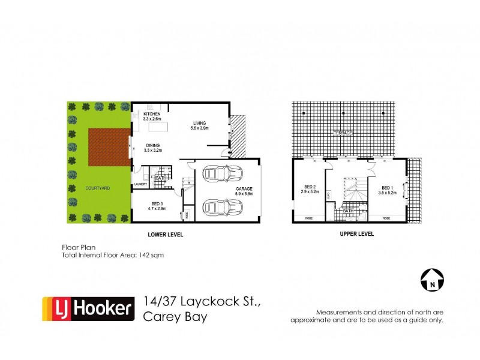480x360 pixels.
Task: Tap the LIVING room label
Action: click(x=199, y=123)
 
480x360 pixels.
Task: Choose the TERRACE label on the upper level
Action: click(x=344, y=132)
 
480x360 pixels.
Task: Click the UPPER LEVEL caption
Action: click(x=356, y=234)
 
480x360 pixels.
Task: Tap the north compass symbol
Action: click(x=431, y=280)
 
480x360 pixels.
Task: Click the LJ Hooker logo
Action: click(x=88, y=308)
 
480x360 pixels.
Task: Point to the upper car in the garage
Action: click(x=223, y=174)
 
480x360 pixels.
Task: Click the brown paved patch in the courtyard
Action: click(x=109, y=146)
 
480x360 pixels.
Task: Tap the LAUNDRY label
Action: click(x=140, y=184)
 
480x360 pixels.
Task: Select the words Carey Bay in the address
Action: click(x=175, y=317)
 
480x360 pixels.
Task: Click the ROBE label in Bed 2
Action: click(x=310, y=217)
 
